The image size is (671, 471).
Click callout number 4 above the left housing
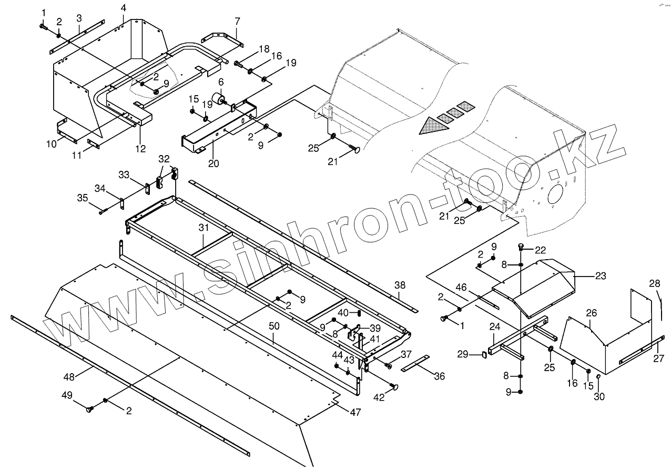coord(123,8)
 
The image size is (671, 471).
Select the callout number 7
coord(237,21)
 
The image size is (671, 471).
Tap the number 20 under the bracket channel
coord(213,163)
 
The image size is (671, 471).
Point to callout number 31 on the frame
coord(204,228)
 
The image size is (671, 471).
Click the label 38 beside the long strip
coord(400,285)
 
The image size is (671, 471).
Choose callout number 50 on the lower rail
coord(274,326)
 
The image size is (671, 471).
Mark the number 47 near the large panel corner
coord(355,413)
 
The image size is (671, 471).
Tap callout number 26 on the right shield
coord(592,313)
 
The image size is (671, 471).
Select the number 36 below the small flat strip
coord(440,376)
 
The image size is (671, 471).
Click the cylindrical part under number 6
coord(218,100)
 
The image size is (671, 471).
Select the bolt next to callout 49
coord(89,409)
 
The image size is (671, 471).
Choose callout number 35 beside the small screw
coord(83,198)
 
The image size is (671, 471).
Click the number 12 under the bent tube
coord(140,149)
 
